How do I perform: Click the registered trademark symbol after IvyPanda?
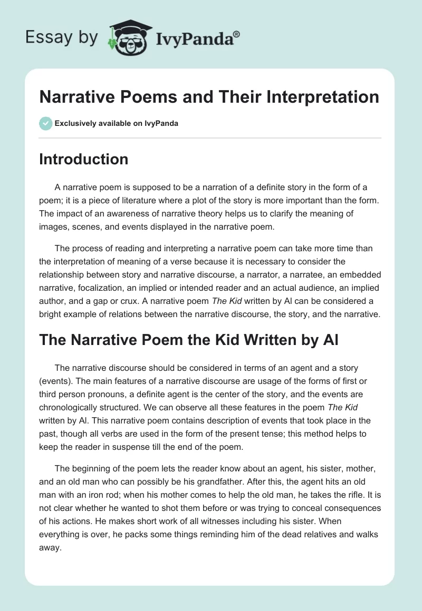[x=237, y=34]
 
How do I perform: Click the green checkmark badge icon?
[x=45, y=123]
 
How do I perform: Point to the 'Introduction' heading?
[x=83, y=159]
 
